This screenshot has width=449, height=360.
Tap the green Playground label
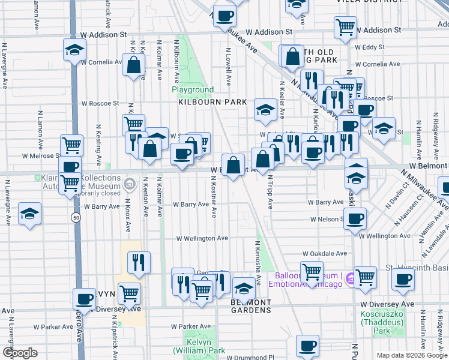193,89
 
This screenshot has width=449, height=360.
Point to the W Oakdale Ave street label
325,254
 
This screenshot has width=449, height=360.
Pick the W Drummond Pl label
253,358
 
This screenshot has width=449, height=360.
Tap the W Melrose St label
41,155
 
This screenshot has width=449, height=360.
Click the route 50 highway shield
75,217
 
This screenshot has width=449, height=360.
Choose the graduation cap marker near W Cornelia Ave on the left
74,50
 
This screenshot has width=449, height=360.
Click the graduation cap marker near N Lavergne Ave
28,214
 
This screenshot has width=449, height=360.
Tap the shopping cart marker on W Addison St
345,26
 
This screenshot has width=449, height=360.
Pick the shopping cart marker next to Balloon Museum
312,272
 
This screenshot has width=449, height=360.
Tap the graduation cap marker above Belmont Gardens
243,290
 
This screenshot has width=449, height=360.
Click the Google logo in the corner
20,353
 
